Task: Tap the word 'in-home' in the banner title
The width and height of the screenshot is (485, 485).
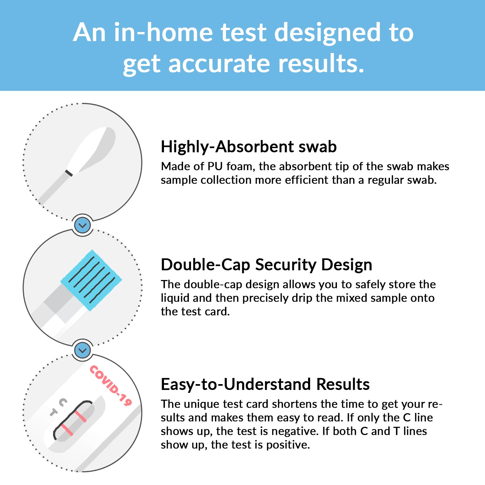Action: (x=164, y=32)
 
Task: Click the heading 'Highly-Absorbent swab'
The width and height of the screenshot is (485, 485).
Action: (x=249, y=146)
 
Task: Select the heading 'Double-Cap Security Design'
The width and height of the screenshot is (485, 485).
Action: (x=266, y=264)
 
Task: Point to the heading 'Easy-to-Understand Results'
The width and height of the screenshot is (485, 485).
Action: (x=265, y=384)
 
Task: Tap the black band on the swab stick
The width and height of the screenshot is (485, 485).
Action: (x=69, y=173)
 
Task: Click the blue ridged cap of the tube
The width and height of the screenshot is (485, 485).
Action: (x=92, y=280)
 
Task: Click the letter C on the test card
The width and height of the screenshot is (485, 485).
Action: (x=63, y=402)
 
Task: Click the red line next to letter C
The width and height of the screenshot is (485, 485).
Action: (x=81, y=416)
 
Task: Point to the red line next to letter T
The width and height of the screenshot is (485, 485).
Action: (x=67, y=430)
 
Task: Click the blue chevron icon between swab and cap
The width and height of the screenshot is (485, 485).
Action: (x=83, y=225)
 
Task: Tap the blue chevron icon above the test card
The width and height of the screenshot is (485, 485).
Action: (x=83, y=350)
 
